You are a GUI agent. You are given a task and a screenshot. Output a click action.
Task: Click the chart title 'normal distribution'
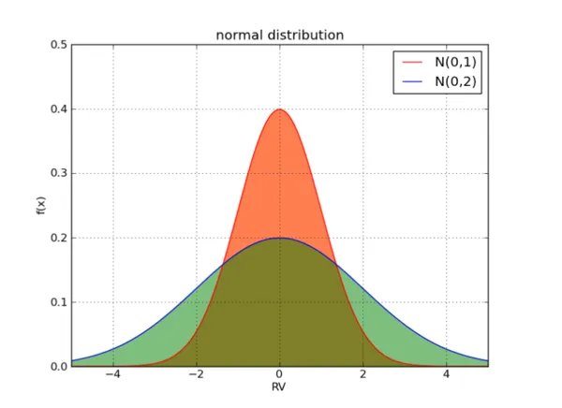pos(279,35)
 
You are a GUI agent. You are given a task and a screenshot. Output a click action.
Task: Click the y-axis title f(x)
pos(40,205)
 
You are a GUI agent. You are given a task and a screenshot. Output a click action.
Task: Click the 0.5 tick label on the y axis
pos(58,45)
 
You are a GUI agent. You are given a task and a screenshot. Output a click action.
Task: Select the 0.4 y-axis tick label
pos(58,109)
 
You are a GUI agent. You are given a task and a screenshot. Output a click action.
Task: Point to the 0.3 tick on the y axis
pos(58,173)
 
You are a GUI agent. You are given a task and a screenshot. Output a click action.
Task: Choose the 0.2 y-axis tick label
pos(58,238)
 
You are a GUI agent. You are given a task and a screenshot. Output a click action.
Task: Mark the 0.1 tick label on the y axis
pos(58,302)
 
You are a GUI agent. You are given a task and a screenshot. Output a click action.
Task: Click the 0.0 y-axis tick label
pos(58,366)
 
